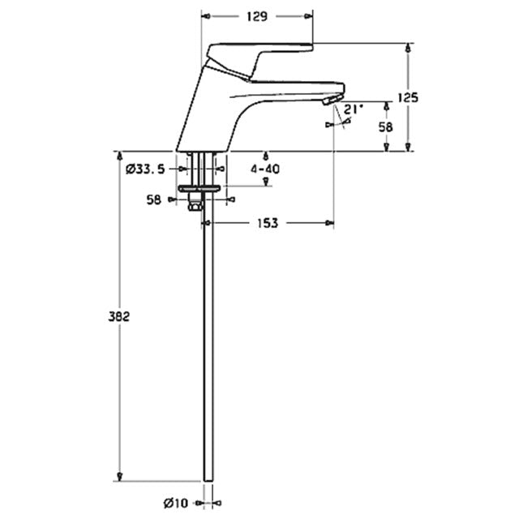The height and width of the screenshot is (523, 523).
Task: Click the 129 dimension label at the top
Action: click(257, 16)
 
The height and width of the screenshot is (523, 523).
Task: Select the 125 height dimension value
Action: click(408, 98)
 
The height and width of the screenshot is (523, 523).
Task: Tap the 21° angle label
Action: click(354, 109)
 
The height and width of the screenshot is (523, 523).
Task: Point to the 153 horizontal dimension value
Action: click(268, 223)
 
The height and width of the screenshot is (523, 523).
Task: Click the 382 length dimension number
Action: click(118, 316)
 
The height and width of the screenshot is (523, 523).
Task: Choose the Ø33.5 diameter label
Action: click(145, 169)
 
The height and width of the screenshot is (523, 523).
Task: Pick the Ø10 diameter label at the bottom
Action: click(176, 503)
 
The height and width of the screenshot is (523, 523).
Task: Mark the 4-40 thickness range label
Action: click(265, 169)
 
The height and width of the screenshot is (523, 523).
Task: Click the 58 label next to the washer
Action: click(154, 199)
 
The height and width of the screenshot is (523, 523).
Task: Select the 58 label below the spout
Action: click(386, 127)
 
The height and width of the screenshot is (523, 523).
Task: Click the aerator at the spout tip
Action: click(333, 100)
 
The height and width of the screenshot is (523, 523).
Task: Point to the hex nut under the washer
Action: click(195, 204)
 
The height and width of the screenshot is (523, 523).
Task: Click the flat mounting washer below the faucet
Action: click(199, 189)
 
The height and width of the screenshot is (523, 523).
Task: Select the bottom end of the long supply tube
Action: click(208, 482)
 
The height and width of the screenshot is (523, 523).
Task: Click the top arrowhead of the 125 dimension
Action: click(407, 48)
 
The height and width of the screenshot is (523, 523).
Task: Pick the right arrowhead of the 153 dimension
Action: click(330, 223)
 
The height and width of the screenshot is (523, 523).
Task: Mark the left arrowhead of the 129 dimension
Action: click(207, 16)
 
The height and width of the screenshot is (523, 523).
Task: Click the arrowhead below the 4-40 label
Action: click(266, 182)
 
